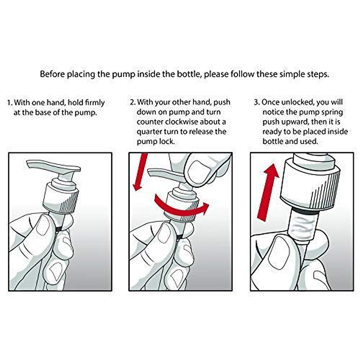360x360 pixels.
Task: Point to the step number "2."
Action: [x=133, y=102]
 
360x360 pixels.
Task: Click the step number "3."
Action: [x=257, y=102]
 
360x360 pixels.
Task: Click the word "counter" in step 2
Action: [x=150, y=122]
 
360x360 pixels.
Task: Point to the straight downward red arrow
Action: [x=140, y=172]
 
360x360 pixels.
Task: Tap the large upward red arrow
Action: [x=268, y=192]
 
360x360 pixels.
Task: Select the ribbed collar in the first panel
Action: [x=61, y=198]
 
